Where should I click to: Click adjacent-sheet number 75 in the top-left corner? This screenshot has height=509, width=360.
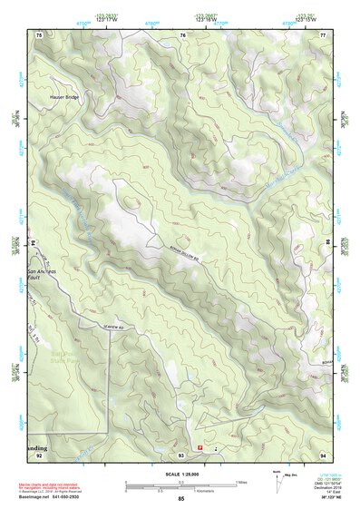point(39,34)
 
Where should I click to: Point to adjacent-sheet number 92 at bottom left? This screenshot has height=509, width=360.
point(39,455)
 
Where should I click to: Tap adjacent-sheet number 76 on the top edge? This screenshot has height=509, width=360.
point(182,34)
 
